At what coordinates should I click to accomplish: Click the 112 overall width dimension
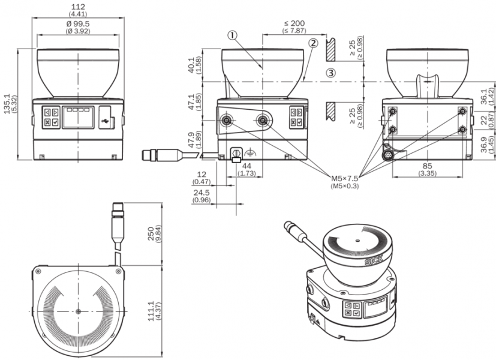[79, 7]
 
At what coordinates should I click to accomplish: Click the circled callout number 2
[313, 43]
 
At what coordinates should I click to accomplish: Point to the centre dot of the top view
[79, 311]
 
